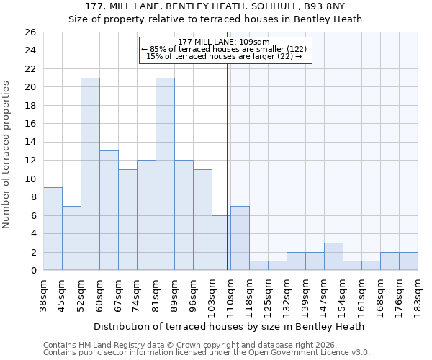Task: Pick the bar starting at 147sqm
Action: [x=333, y=256]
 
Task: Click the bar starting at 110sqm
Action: [x=240, y=238]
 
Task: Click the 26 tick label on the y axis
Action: [x=30, y=32]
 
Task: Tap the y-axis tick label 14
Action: [x=30, y=142]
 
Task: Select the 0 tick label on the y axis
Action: [x=32, y=271]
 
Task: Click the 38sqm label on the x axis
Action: [x=43, y=294]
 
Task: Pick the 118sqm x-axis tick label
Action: [x=249, y=296]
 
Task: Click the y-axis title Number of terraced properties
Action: [x=7, y=155]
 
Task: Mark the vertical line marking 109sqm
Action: [x=228, y=166]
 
